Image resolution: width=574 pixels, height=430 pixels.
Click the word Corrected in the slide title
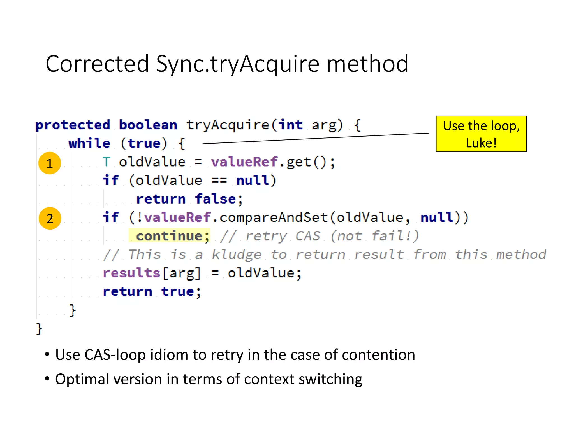(97, 64)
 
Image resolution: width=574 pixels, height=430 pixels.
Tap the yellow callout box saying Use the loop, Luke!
(481, 134)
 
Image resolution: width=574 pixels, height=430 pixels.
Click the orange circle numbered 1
(50, 163)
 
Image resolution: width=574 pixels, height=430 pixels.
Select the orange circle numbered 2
(50, 218)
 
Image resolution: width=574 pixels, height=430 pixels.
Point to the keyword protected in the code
(73, 125)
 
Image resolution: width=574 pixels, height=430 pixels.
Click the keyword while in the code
(89, 143)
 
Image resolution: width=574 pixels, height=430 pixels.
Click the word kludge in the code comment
(237, 254)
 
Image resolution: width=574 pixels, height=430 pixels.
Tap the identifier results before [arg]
(131, 273)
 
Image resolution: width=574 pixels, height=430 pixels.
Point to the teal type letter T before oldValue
(106, 162)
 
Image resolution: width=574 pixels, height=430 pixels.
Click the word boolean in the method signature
(148, 125)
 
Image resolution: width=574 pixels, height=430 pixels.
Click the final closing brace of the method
(39, 329)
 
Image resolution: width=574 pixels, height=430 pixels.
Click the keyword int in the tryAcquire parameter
(291, 125)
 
